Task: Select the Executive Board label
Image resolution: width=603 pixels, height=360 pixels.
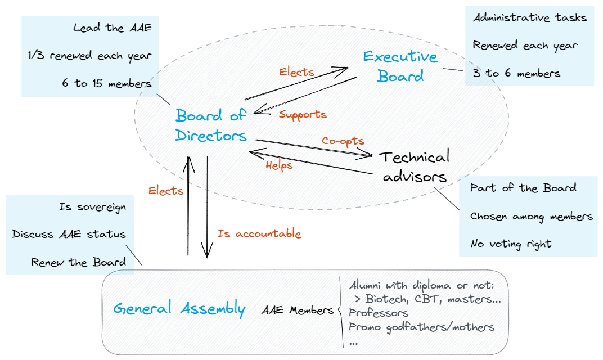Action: pyautogui.click(x=399, y=66)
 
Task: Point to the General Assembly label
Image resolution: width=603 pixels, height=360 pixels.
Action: pyautogui.click(x=179, y=308)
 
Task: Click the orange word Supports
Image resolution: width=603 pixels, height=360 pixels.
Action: pyautogui.click(x=303, y=115)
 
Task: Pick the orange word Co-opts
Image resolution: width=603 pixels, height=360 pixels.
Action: pyautogui.click(x=343, y=141)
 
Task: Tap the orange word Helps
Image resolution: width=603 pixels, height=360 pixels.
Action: pyautogui.click(x=279, y=165)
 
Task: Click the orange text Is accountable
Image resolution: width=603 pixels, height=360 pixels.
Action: pyautogui.click(x=259, y=234)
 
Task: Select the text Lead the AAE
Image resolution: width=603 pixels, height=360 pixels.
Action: pyautogui.click(x=112, y=28)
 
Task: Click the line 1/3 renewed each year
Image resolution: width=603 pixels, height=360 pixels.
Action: pyautogui.click(x=89, y=56)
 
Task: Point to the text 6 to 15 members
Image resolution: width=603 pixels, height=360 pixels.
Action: pyautogui.click(x=106, y=84)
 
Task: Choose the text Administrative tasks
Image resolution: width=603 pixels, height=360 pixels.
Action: pyautogui.click(x=529, y=17)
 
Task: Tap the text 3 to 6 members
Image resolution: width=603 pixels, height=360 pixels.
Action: pyautogui.click(x=516, y=73)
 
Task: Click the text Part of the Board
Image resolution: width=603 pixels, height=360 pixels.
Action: pyautogui.click(x=523, y=188)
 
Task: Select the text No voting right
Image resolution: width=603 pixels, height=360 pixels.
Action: pyautogui.click(x=511, y=244)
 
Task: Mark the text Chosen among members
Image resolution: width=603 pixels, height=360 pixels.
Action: pyautogui.click(x=531, y=216)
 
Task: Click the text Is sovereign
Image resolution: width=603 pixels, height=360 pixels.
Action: pyautogui.click(x=92, y=207)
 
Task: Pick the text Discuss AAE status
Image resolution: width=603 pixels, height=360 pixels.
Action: pyautogui.click(x=69, y=235)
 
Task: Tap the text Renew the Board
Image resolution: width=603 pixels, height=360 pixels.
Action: pyautogui.click(x=78, y=263)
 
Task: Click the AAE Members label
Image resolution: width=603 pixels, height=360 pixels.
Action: pyautogui.click(x=297, y=310)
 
